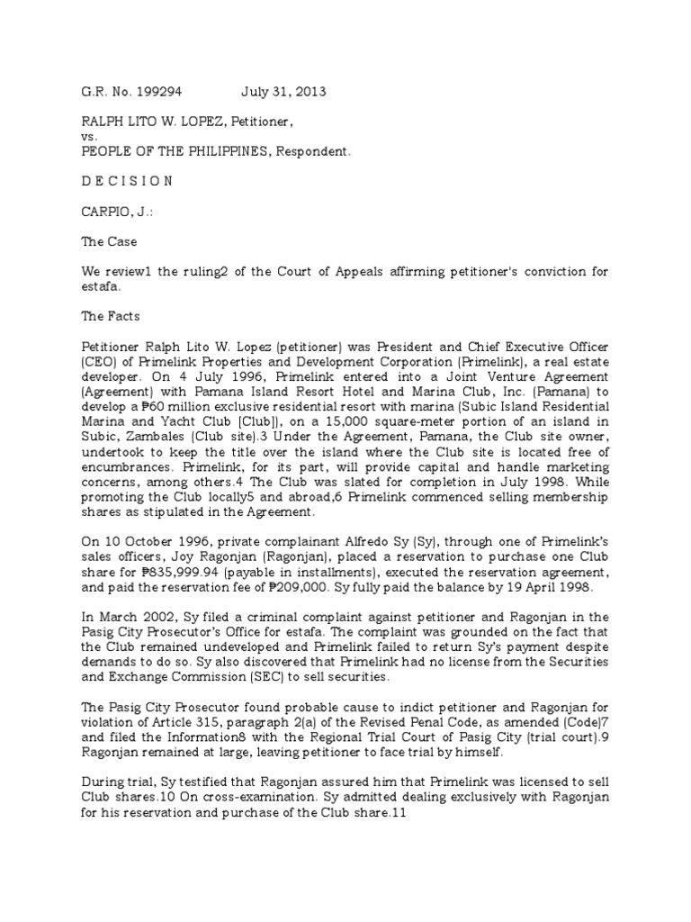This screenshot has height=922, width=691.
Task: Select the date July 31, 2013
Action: [283, 92]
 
